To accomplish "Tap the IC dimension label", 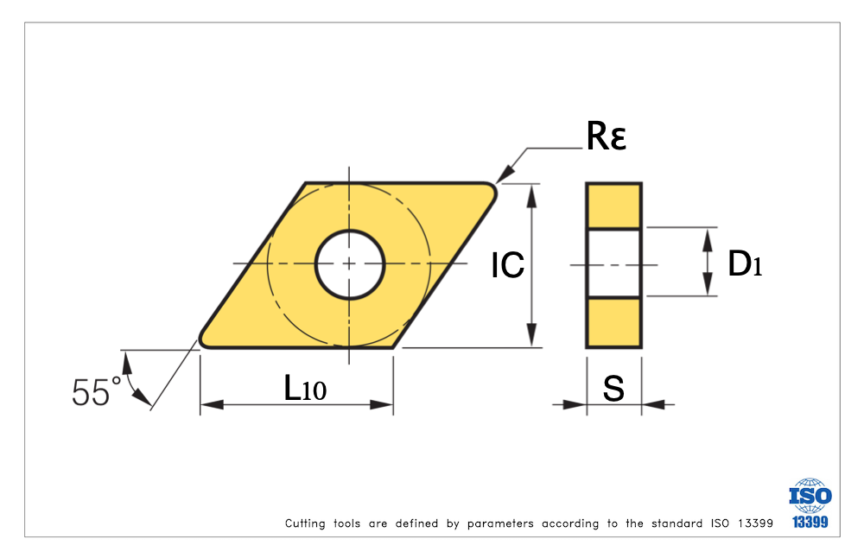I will pos(508,266).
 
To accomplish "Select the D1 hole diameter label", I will pos(745,264).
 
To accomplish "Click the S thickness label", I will pos(613,389).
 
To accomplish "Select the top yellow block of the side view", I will pos(613,206).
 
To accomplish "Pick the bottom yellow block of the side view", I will pos(613,322).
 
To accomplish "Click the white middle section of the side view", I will pos(613,263).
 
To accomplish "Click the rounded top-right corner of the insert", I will pos(491,190).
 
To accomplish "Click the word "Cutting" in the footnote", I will pos(304,523).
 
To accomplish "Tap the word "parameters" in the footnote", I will pos(500,523).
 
